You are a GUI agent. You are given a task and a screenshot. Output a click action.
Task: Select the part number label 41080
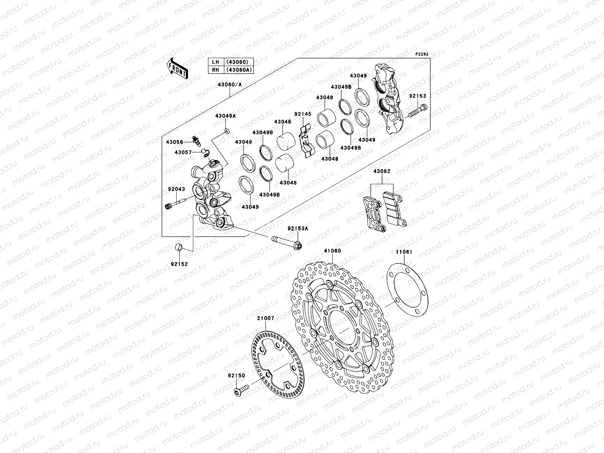(x=332, y=251)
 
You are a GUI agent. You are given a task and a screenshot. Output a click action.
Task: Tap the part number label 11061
(x=404, y=252)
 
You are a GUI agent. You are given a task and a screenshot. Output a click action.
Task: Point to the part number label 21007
(x=266, y=319)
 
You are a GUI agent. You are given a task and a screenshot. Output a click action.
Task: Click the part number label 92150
(x=236, y=376)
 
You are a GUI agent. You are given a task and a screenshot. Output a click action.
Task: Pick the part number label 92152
(x=179, y=264)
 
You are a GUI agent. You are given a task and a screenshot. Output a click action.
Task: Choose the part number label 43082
(x=382, y=171)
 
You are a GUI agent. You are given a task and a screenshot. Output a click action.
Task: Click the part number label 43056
(x=174, y=142)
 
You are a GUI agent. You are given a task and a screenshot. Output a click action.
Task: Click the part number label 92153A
(x=297, y=228)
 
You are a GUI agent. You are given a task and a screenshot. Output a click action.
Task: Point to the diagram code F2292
(x=422, y=54)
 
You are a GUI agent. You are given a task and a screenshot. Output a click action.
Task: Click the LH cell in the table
(x=216, y=62)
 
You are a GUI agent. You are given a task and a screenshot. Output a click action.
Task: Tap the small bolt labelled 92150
(x=242, y=387)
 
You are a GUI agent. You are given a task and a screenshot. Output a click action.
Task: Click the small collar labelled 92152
(x=178, y=248)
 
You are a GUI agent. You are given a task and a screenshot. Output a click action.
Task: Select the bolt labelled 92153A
(x=286, y=240)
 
